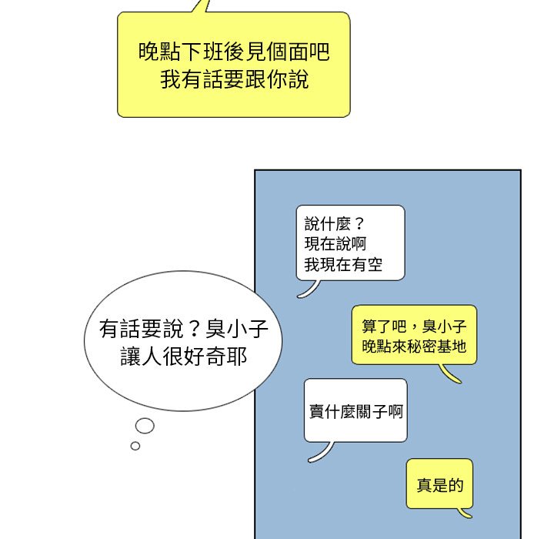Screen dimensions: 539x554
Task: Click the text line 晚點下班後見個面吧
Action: coord(233,52)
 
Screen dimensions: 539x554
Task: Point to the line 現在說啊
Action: coord(335,246)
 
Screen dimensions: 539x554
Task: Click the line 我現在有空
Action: coord(343,267)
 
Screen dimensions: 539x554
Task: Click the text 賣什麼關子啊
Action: coord(355,411)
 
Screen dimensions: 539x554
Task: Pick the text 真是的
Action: coord(440,485)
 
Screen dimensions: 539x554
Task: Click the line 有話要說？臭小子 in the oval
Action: coord(183,330)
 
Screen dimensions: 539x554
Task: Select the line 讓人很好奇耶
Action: coord(184,357)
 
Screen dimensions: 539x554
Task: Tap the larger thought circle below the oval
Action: coord(145,425)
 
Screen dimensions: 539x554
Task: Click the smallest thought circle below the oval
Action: coord(135,446)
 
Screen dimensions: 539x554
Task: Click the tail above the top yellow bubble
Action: coord(202,6)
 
